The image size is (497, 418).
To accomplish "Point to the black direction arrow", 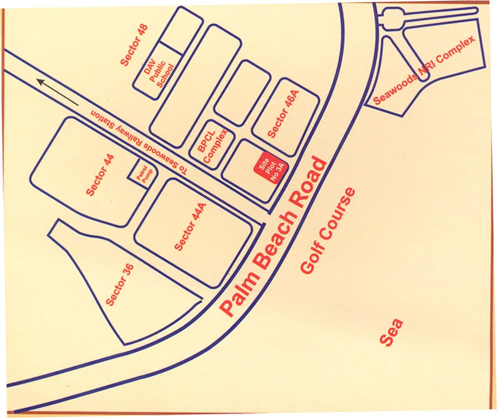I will pyautogui.click(x=57, y=91).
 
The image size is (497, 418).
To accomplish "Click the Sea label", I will pyautogui.click(x=392, y=332).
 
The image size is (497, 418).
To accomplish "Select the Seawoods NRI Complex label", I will pyautogui.click(x=424, y=70).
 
